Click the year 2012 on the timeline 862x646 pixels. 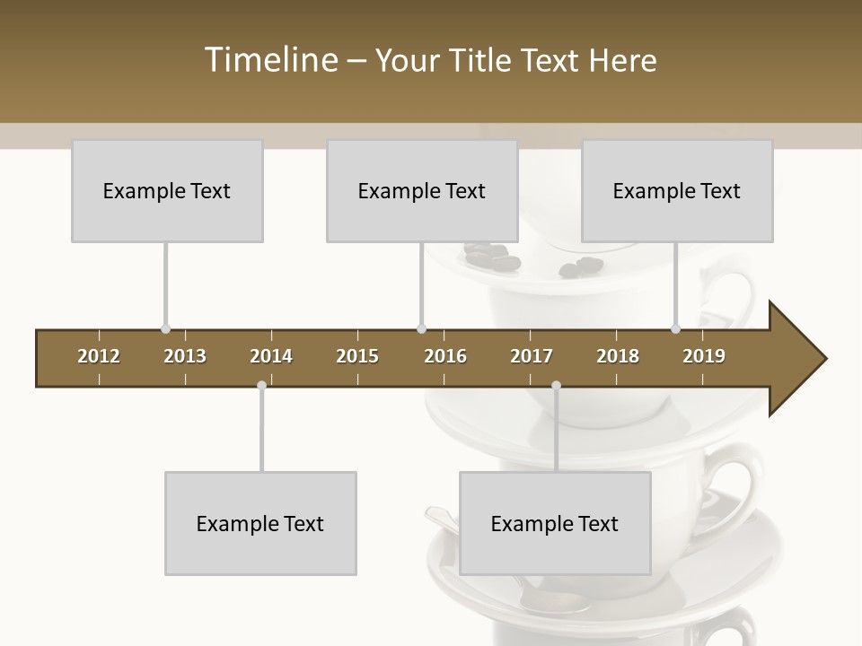(99, 356)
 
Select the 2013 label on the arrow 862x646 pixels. (185, 356)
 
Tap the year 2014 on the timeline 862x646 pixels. (271, 356)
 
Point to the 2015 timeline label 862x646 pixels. (357, 356)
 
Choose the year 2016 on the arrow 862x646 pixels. (445, 356)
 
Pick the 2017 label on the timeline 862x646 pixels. (532, 356)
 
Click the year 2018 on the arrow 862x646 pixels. (618, 356)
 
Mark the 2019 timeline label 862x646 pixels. (704, 356)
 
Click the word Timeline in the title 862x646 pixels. (268, 60)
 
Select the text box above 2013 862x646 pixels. (167, 190)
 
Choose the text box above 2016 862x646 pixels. (422, 190)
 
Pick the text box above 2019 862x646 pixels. (677, 190)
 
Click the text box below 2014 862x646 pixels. (260, 523)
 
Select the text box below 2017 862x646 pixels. (555, 523)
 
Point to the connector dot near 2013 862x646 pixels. (165, 329)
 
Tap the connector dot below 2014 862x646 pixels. (261, 386)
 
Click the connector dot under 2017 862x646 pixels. (556, 386)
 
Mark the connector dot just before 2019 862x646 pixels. (675, 329)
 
